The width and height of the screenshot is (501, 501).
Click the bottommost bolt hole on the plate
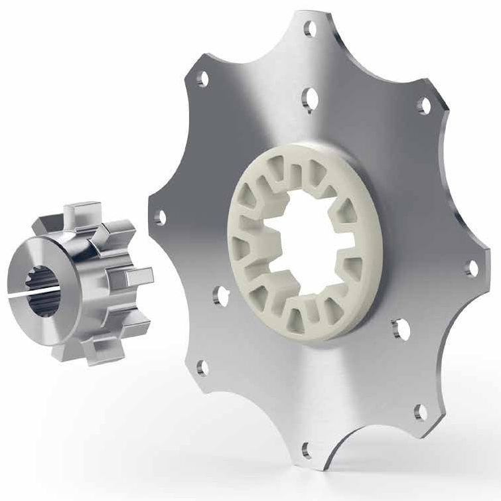click(x=305, y=448)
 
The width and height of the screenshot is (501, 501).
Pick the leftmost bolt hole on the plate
click(x=160, y=216)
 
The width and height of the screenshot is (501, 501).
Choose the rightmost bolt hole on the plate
click(x=472, y=268)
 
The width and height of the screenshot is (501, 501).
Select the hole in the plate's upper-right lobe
click(x=422, y=104)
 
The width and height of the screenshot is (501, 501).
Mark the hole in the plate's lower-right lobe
click(x=419, y=411)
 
